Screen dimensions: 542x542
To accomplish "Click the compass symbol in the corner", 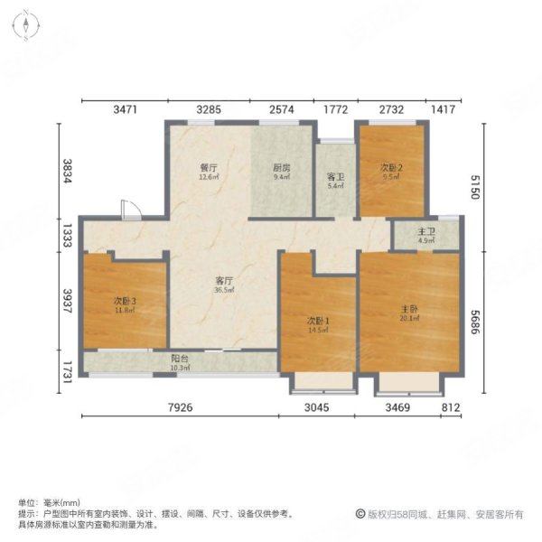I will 28,28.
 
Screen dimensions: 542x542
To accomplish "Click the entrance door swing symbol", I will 131,210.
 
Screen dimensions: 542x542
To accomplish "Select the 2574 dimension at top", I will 283,110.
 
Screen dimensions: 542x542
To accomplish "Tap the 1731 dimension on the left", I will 65,372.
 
